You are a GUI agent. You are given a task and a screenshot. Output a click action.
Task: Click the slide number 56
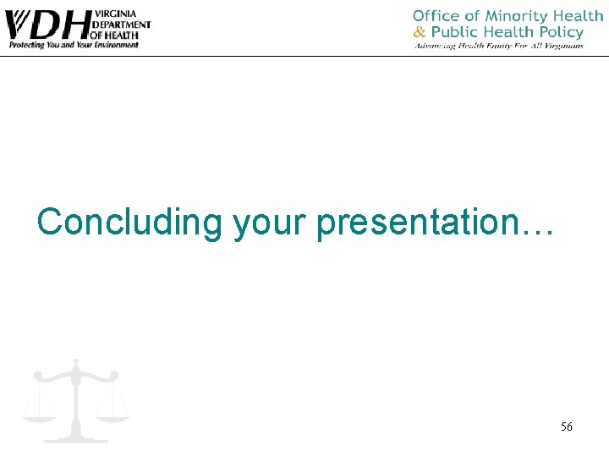coord(566,427)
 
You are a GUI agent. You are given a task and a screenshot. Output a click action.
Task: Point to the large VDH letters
coord(48,25)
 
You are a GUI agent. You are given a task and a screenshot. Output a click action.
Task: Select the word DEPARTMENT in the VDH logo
coord(122,25)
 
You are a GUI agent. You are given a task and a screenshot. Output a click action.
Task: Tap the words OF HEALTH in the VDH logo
coord(116,35)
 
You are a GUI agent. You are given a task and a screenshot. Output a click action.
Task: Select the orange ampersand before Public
coord(420,32)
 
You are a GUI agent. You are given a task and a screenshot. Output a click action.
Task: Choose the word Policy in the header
coord(560,32)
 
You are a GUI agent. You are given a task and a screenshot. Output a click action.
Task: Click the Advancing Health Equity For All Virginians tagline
coord(498,46)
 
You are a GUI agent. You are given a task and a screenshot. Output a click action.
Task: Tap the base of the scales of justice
coord(75,438)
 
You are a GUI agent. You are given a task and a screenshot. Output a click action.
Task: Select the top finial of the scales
coord(75,362)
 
